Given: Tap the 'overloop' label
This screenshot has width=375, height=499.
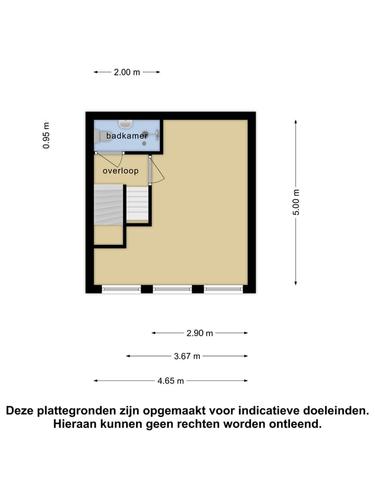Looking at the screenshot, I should coord(120,170).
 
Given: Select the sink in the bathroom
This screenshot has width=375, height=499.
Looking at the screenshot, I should coord(126,124).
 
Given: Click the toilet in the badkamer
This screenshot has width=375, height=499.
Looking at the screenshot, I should coord(99,136).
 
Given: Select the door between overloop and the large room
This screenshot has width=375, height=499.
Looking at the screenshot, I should coord(151,170).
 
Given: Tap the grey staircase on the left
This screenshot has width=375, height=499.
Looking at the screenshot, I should coord(108,205).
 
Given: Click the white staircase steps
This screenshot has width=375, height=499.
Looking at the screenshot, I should coord(138,203).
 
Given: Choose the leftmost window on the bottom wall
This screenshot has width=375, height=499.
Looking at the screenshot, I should coord(121,288).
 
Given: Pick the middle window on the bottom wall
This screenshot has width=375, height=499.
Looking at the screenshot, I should coord(172,288).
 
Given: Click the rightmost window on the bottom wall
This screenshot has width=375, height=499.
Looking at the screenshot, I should coord(223,288).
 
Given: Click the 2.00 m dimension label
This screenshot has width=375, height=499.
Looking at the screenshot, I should coord(127,73).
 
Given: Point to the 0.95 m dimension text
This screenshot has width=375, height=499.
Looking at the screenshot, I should coord(47,136).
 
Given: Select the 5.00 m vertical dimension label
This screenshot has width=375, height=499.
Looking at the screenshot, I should coord(296,202).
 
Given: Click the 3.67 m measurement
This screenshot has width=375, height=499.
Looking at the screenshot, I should coord(187,356).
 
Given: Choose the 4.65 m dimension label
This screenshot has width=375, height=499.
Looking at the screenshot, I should coord(171,381).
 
